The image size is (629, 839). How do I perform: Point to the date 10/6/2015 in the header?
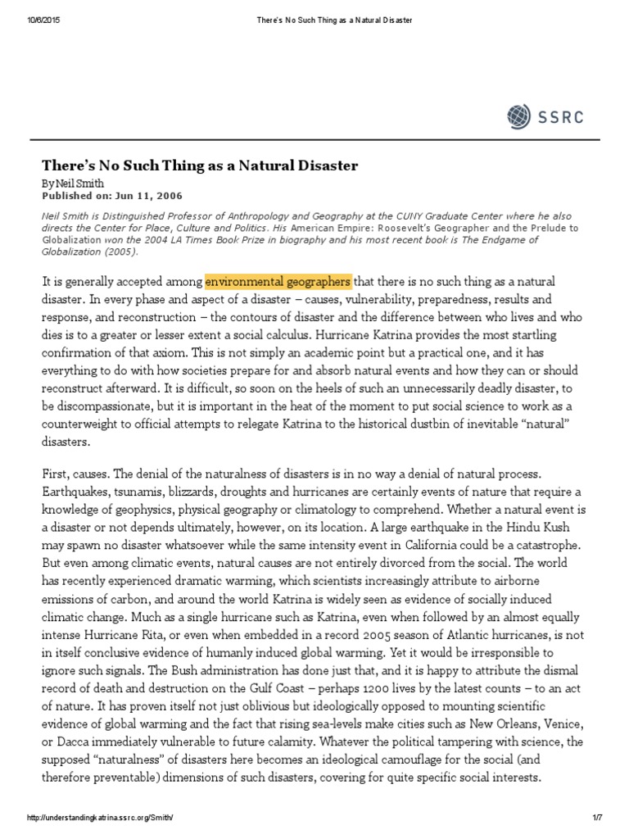point(32,9)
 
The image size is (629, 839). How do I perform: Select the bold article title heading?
point(200,166)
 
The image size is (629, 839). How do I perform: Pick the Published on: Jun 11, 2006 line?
point(112,196)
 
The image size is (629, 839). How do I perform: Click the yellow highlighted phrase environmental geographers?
point(277,283)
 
